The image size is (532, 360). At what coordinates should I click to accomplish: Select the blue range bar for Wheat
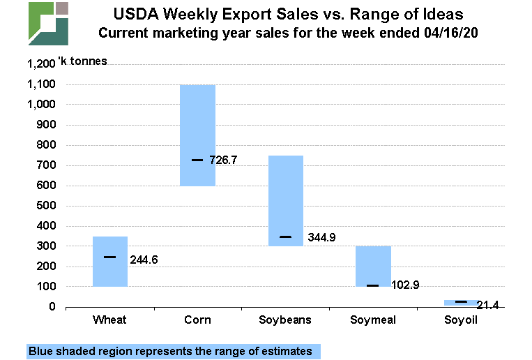(110, 272)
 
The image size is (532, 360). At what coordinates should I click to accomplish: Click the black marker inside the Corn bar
(197, 160)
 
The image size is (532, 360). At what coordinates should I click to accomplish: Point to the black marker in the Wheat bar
(110, 257)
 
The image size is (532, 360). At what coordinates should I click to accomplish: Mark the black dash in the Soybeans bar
(286, 237)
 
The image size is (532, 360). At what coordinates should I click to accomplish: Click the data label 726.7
(223, 160)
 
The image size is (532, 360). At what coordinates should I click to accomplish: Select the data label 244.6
(144, 260)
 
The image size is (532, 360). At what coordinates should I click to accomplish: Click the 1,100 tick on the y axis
(41, 84)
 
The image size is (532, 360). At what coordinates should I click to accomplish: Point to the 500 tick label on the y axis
(47, 206)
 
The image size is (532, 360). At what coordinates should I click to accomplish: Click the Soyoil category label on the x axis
(461, 320)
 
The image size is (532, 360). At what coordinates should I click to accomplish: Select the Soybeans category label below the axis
(286, 320)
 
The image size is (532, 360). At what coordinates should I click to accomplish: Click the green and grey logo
(48, 23)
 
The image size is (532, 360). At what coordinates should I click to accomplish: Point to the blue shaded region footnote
(170, 351)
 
